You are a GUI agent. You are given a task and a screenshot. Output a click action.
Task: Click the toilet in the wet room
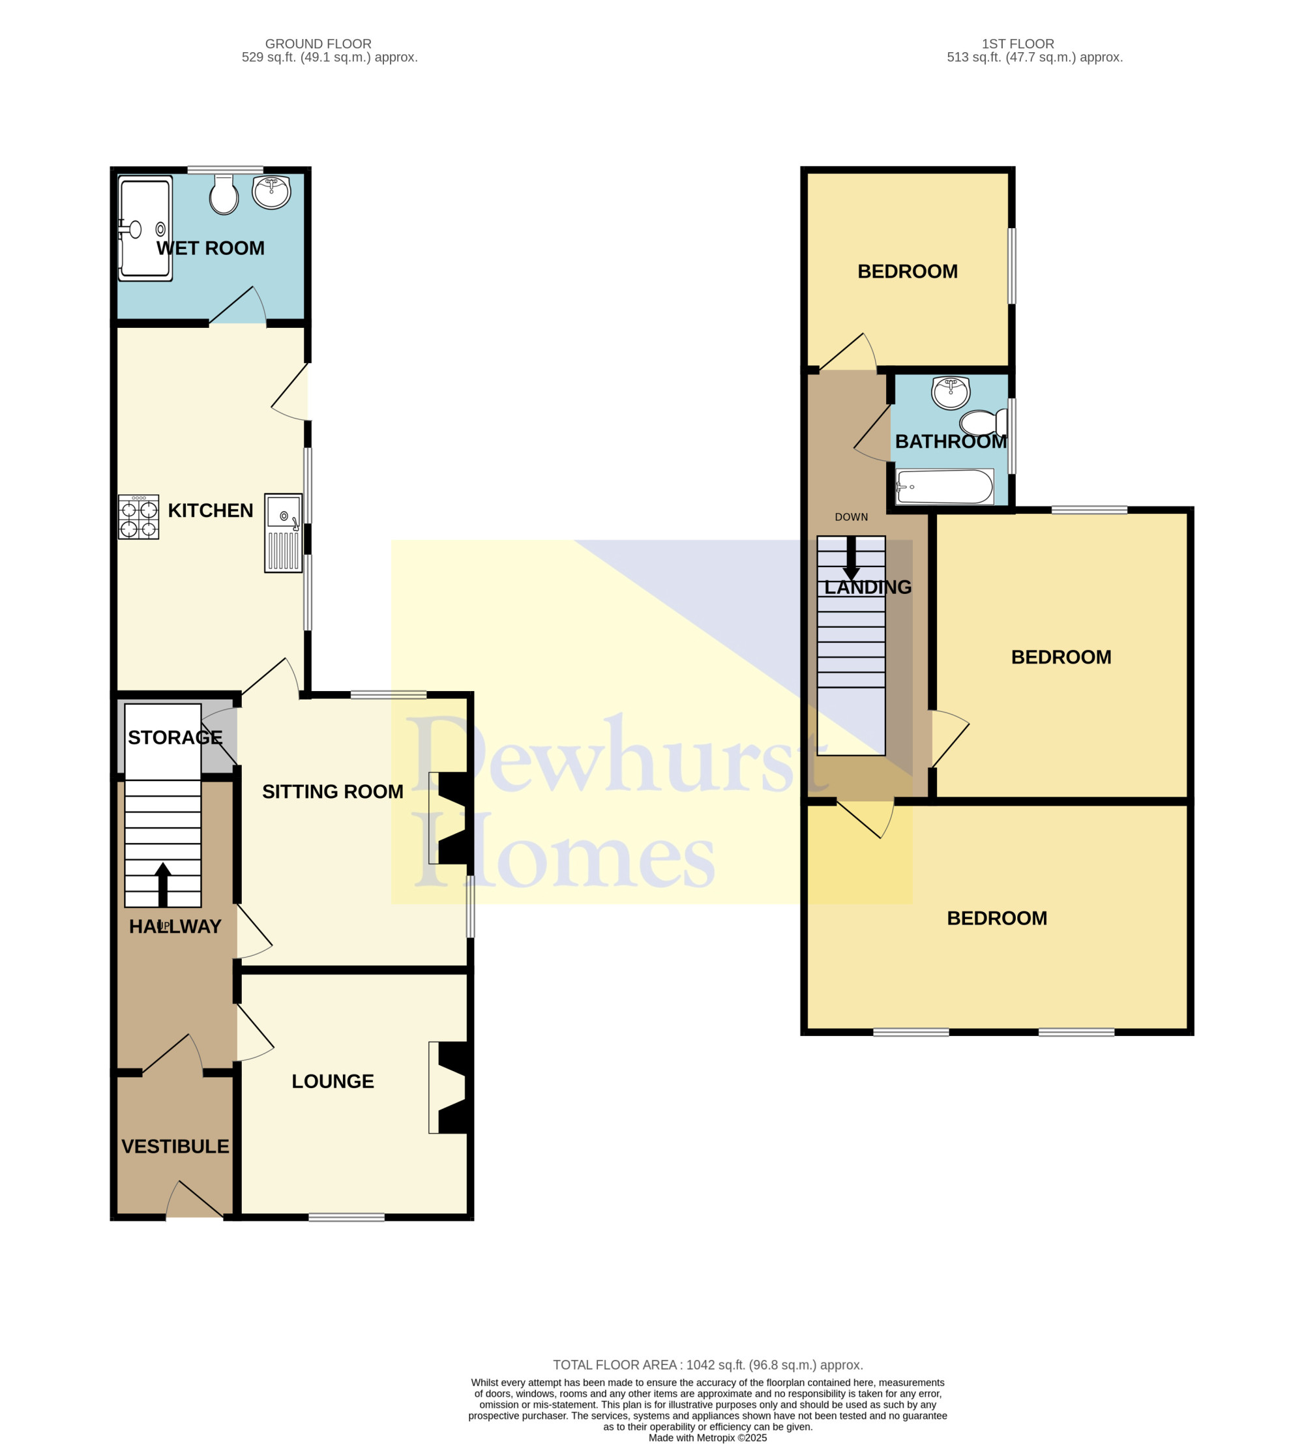pyautogui.click(x=224, y=194)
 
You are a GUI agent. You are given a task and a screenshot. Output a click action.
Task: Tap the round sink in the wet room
pyautogui.click(x=271, y=192)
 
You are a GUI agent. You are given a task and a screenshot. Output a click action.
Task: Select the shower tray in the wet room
pyautogui.click(x=145, y=228)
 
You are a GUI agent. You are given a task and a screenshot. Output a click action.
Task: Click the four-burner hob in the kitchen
pyautogui.click(x=138, y=516)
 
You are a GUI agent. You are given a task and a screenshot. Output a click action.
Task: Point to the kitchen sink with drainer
pyautogui.click(x=283, y=532)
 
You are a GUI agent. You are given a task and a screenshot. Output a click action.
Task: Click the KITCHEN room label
pyautogui.click(x=211, y=510)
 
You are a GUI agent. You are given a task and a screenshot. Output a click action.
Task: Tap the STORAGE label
pyautogui.click(x=175, y=737)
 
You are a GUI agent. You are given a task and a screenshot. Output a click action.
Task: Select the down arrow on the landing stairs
pyautogui.click(x=851, y=558)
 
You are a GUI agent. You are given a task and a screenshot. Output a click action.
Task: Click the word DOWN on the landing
pyautogui.click(x=851, y=517)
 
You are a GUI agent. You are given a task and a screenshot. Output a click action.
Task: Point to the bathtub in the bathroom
pyautogui.click(x=944, y=487)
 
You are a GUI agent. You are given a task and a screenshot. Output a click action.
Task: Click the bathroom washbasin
pyautogui.click(x=951, y=393)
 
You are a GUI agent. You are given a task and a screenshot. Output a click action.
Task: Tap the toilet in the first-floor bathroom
pyautogui.click(x=983, y=422)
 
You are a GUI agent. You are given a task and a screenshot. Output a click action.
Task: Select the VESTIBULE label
pyautogui.click(x=175, y=1147)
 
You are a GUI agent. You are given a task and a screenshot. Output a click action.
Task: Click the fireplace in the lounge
pyautogui.click(x=448, y=1087)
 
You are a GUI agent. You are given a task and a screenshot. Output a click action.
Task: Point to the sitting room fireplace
pyautogui.click(x=448, y=818)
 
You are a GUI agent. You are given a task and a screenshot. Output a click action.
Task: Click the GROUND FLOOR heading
pyautogui.click(x=318, y=44)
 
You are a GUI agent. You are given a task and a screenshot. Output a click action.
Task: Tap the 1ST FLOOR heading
pyautogui.click(x=1018, y=44)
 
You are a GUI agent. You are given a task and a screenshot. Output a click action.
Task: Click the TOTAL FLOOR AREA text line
pyautogui.click(x=708, y=1365)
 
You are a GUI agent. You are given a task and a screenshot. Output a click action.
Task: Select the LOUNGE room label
pyautogui.click(x=333, y=1082)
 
